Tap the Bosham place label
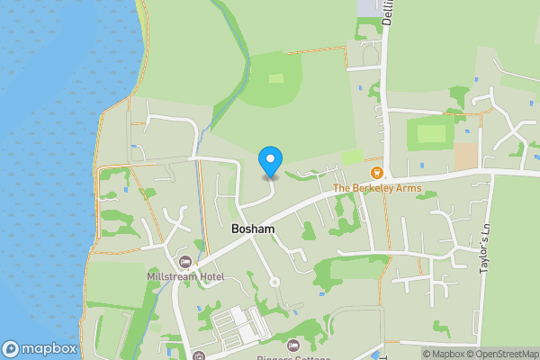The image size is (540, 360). click(253, 229)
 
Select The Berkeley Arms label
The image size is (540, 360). click(377, 188)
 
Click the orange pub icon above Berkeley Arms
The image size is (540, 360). click(377, 172)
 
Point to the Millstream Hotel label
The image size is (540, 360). click(185, 277)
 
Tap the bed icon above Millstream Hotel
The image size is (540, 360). click(185, 262)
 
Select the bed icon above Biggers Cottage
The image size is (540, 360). click(292, 345)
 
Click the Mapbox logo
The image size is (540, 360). click(38, 349)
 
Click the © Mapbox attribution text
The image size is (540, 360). click(447, 354)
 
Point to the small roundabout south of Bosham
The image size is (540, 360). click(275, 282)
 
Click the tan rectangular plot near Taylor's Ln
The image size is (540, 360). click(465, 156)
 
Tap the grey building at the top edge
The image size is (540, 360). click(369, 6)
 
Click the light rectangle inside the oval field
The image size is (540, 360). click(276, 78)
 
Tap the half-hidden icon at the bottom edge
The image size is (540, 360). click(198, 355)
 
